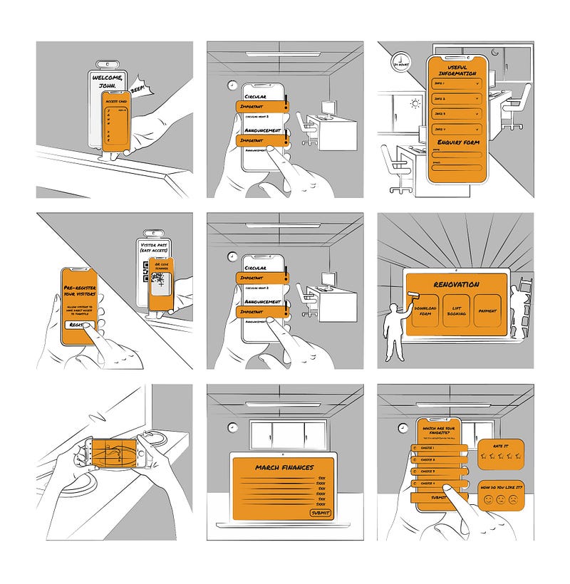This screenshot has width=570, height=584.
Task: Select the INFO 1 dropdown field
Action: [456, 83]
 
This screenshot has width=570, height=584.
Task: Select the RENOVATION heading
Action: [456, 284]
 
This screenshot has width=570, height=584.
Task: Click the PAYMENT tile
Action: [488, 311]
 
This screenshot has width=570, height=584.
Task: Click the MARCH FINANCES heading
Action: [284, 468]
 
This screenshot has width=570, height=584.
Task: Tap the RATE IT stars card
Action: [499, 453]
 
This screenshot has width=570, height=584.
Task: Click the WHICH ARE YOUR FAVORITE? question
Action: [440, 429]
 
